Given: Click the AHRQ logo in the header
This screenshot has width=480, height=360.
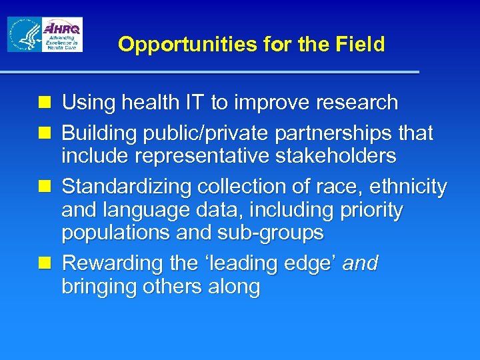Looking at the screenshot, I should tap(61, 35).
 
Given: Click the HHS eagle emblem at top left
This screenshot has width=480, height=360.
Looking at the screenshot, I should tap(24, 35).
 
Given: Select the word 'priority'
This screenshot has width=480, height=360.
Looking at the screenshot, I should tap(371, 211).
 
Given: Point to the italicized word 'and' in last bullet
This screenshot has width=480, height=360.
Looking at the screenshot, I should tap(360, 264).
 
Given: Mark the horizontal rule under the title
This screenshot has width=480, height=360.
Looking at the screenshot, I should tap(209, 71).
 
